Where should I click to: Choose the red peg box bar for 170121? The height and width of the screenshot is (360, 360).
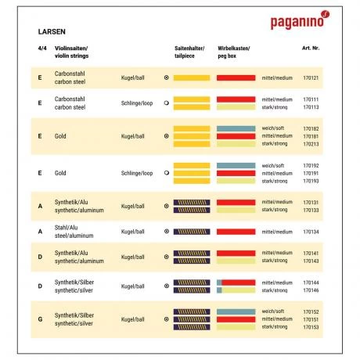pos(236,78)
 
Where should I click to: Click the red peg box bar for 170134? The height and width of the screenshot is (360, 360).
pos(236,232)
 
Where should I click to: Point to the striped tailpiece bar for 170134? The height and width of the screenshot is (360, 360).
pos(191,232)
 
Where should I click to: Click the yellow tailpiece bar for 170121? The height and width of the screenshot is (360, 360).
pos(191,78)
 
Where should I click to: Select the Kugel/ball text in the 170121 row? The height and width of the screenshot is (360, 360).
pos(133,78)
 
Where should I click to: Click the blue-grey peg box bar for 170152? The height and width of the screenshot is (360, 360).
pos(236,311)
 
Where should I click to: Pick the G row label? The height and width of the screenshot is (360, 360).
pos(39,319)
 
